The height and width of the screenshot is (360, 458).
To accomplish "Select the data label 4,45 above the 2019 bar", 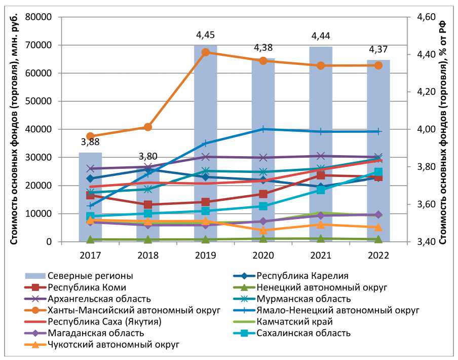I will point(206,35).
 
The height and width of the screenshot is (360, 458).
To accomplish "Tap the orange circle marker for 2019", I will point(206,52).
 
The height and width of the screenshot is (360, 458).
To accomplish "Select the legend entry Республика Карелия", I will point(302,276).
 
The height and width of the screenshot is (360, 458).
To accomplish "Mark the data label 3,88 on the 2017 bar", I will point(90,143).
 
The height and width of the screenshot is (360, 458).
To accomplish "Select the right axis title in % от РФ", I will point(444,129).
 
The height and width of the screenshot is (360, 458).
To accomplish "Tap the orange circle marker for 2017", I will point(90,136).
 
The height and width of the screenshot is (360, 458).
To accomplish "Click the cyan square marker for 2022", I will point(378,172).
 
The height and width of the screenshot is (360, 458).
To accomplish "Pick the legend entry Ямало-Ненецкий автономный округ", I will point(338,310).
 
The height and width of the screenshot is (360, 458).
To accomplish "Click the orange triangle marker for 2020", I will point(263,230).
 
